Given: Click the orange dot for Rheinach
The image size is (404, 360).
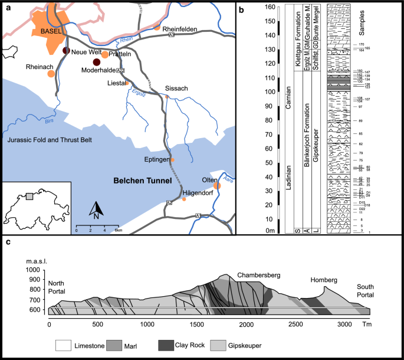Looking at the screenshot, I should coord(51,74).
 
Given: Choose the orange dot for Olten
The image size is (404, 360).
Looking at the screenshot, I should coord(216,186).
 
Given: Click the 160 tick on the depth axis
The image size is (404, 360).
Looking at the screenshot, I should coord(270,7).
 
